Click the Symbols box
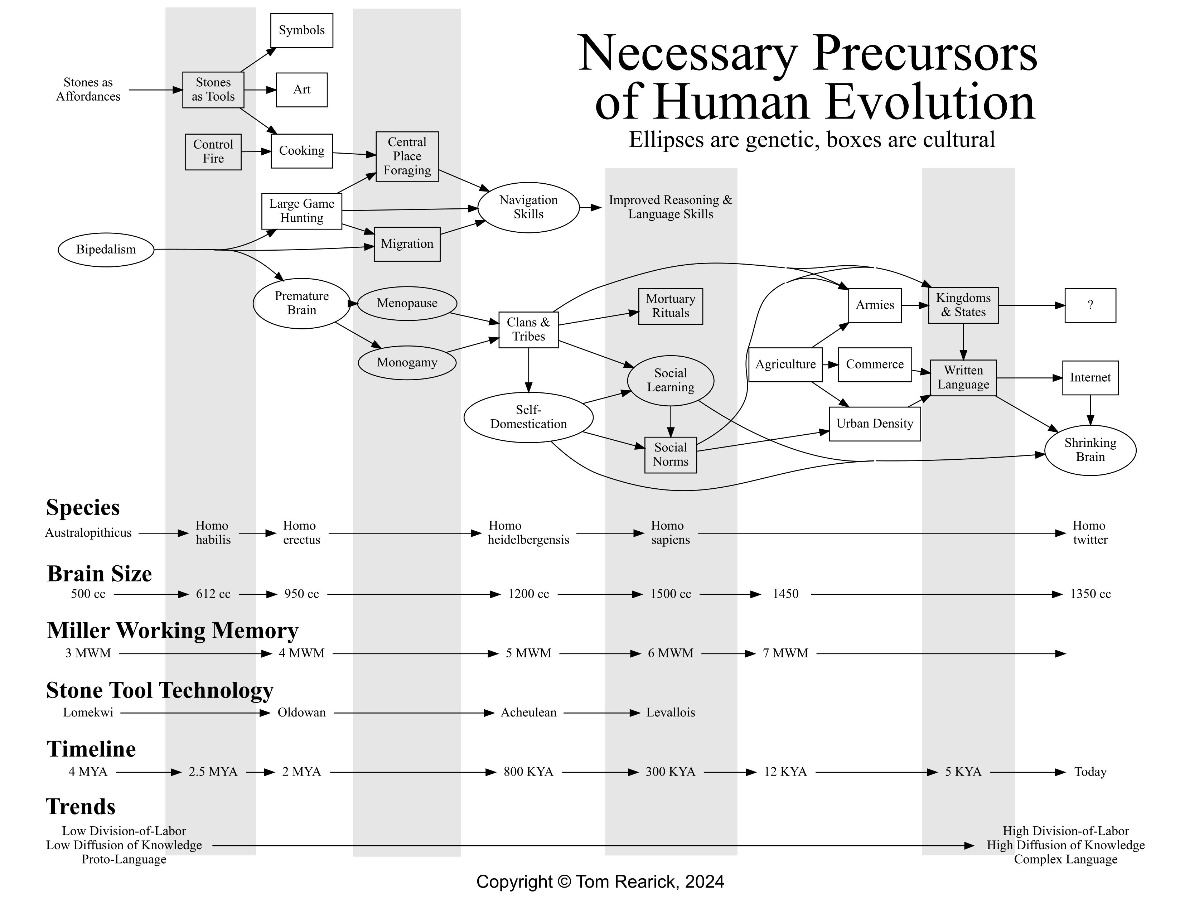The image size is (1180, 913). [x=301, y=30]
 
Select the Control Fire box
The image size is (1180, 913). [x=213, y=152]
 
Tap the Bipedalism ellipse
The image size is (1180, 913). [x=106, y=250]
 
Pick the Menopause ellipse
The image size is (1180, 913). [x=407, y=303]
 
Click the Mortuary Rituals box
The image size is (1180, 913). [x=671, y=306]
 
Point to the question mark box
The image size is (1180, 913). [x=1090, y=305]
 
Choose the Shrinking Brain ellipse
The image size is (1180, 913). [x=1090, y=450]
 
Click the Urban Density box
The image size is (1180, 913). [x=874, y=424]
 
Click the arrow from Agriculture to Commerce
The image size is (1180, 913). [x=830, y=364]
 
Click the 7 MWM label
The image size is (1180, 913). [x=785, y=653]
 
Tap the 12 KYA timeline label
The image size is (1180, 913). [x=785, y=772]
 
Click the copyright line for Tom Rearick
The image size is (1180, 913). [x=600, y=881]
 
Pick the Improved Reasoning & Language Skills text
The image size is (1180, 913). [x=670, y=207]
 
